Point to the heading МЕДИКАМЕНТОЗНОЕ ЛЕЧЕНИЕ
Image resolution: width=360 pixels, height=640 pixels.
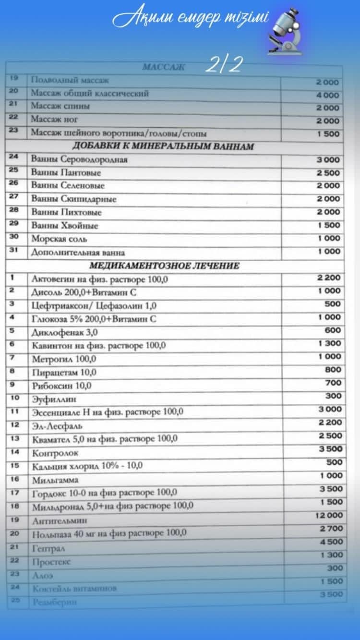[x=164, y=266]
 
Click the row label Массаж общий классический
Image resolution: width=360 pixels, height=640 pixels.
[x=90, y=93]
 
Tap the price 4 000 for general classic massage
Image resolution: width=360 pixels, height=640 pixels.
[x=327, y=95]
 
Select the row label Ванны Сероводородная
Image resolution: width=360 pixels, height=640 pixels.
[x=79, y=159]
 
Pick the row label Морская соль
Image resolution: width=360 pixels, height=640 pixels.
[x=59, y=239]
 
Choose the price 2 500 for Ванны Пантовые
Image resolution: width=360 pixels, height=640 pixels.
[x=328, y=173]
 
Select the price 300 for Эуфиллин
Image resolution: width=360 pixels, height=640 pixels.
[x=334, y=396]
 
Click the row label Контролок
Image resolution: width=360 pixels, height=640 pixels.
[x=55, y=453]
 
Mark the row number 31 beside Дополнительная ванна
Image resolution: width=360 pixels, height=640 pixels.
[x=13, y=250]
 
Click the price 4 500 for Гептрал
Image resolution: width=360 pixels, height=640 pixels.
[x=331, y=542]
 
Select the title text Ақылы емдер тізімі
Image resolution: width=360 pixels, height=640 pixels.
[x=190, y=19]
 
